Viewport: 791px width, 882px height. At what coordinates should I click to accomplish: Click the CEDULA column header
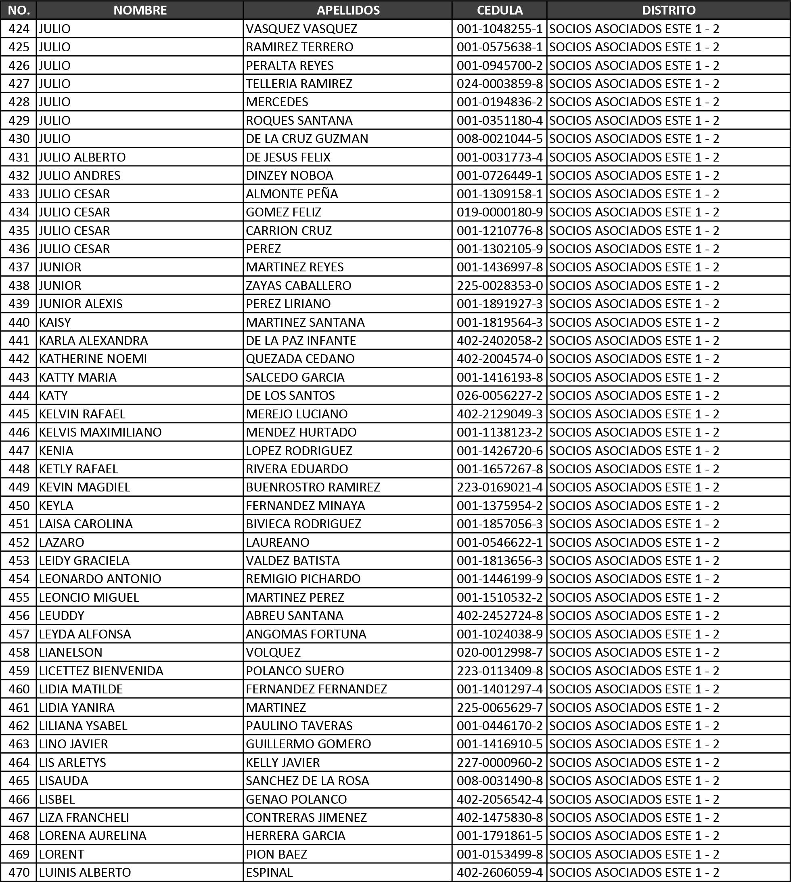click(x=499, y=10)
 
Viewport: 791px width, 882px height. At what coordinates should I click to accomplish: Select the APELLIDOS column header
click(x=348, y=10)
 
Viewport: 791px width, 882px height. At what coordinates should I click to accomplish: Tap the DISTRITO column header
click(x=668, y=10)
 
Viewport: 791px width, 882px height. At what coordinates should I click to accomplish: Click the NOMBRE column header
click(x=140, y=10)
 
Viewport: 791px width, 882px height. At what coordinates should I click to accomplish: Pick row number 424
click(x=19, y=29)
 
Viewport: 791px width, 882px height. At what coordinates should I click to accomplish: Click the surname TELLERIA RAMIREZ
click(x=299, y=84)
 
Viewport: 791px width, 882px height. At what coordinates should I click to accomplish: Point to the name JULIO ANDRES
click(x=80, y=175)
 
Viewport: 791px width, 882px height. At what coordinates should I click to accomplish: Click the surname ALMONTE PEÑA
click(x=292, y=193)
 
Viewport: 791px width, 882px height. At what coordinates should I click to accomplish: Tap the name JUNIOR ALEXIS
click(x=80, y=304)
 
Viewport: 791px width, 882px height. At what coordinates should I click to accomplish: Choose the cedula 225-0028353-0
click(x=499, y=285)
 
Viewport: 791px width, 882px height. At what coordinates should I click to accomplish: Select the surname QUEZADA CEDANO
click(x=300, y=358)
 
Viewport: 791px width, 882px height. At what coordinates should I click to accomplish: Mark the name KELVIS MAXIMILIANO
click(x=100, y=432)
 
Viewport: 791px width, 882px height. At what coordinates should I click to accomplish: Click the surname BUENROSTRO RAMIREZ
click(x=313, y=487)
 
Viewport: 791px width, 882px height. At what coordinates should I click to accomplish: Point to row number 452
click(x=19, y=542)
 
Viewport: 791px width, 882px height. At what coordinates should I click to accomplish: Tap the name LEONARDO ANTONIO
click(x=100, y=578)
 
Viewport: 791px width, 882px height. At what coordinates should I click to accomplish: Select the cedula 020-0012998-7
click(x=499, y=652)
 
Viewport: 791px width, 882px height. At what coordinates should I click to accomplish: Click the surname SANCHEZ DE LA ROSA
click(x=307, y=781)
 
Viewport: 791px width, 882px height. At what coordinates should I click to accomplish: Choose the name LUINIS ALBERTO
click(x=85, y=872)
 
